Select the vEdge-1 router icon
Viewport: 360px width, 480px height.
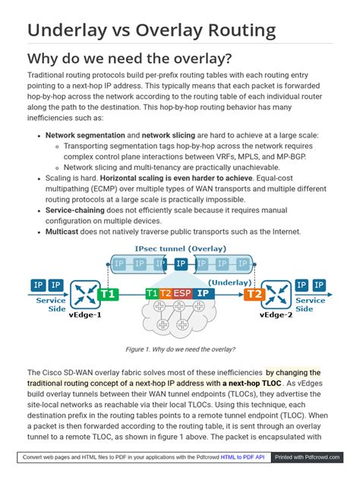[x=84, y=292]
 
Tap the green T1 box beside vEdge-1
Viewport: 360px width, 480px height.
[x=109, y=293]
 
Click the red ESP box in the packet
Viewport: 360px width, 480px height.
[x=182, y=292]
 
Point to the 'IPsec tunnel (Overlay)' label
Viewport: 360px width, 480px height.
[x=180, y=249]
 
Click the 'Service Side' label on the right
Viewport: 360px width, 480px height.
[x=310, y=305]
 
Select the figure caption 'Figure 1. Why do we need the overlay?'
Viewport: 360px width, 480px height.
[x=180, y=349]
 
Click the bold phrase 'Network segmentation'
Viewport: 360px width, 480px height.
[x=82, y=134]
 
